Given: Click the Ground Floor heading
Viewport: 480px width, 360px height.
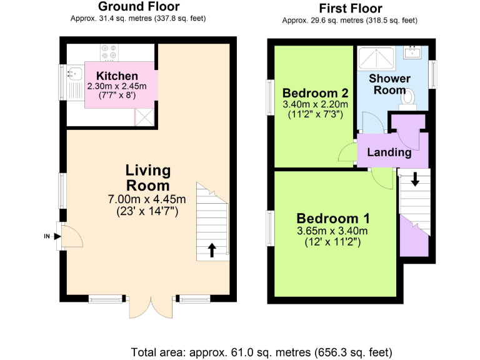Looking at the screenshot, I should click(138, 7).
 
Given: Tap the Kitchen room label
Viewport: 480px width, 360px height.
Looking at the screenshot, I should click(117, 76).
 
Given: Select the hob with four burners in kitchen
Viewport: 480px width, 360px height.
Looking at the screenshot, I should click(107, 53).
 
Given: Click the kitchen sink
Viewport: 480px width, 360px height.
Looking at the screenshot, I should click(73, 74).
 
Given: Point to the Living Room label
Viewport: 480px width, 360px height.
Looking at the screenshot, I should click(147, 177).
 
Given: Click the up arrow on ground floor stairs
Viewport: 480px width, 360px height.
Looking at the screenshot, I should click(211, 251).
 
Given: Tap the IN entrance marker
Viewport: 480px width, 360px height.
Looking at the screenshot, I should click(47, 236).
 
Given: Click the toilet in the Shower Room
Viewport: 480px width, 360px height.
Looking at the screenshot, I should click(407, 96).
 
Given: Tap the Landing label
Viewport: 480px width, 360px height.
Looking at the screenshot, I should click(389, 152).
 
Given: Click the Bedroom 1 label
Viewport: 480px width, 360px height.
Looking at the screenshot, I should click(332, 219).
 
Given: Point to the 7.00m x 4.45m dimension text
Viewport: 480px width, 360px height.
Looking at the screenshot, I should click(147, 199).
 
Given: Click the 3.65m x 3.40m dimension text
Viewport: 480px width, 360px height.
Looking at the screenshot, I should click(332, 231).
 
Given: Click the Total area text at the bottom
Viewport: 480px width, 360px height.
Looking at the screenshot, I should click(262, 351).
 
